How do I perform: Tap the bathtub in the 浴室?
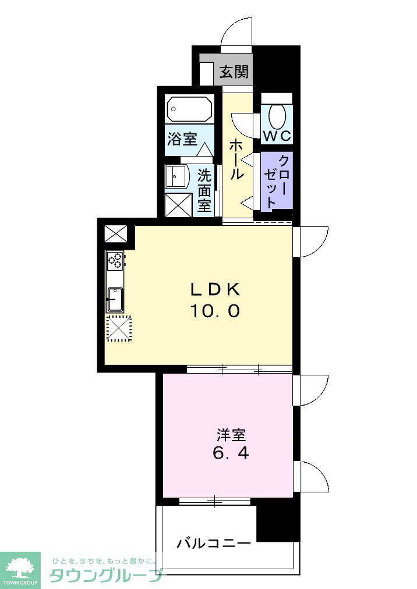pyautogui.click(x=189, y=108)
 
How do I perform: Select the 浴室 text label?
pyautogui.click(x=182, y=139)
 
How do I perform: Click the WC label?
pyautogui.click(x=277, y=136)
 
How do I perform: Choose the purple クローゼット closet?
pyautogui.click(x=276, y=181)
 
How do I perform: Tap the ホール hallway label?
pyautogui.click(x=236, y=158)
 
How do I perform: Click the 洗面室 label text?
pyautogui.click(x=204, y=190)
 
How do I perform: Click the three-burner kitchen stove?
pyautogui.click(x=115, y=260)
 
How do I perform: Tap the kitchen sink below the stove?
pyautogui.click(x=114, y=299)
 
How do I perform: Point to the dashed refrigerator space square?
pyautogui.click(x=118, y=329)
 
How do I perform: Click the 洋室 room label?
pyautogui.click(x=231, y=435)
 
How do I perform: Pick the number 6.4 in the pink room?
pyautogui.click(x=231, y=453)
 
